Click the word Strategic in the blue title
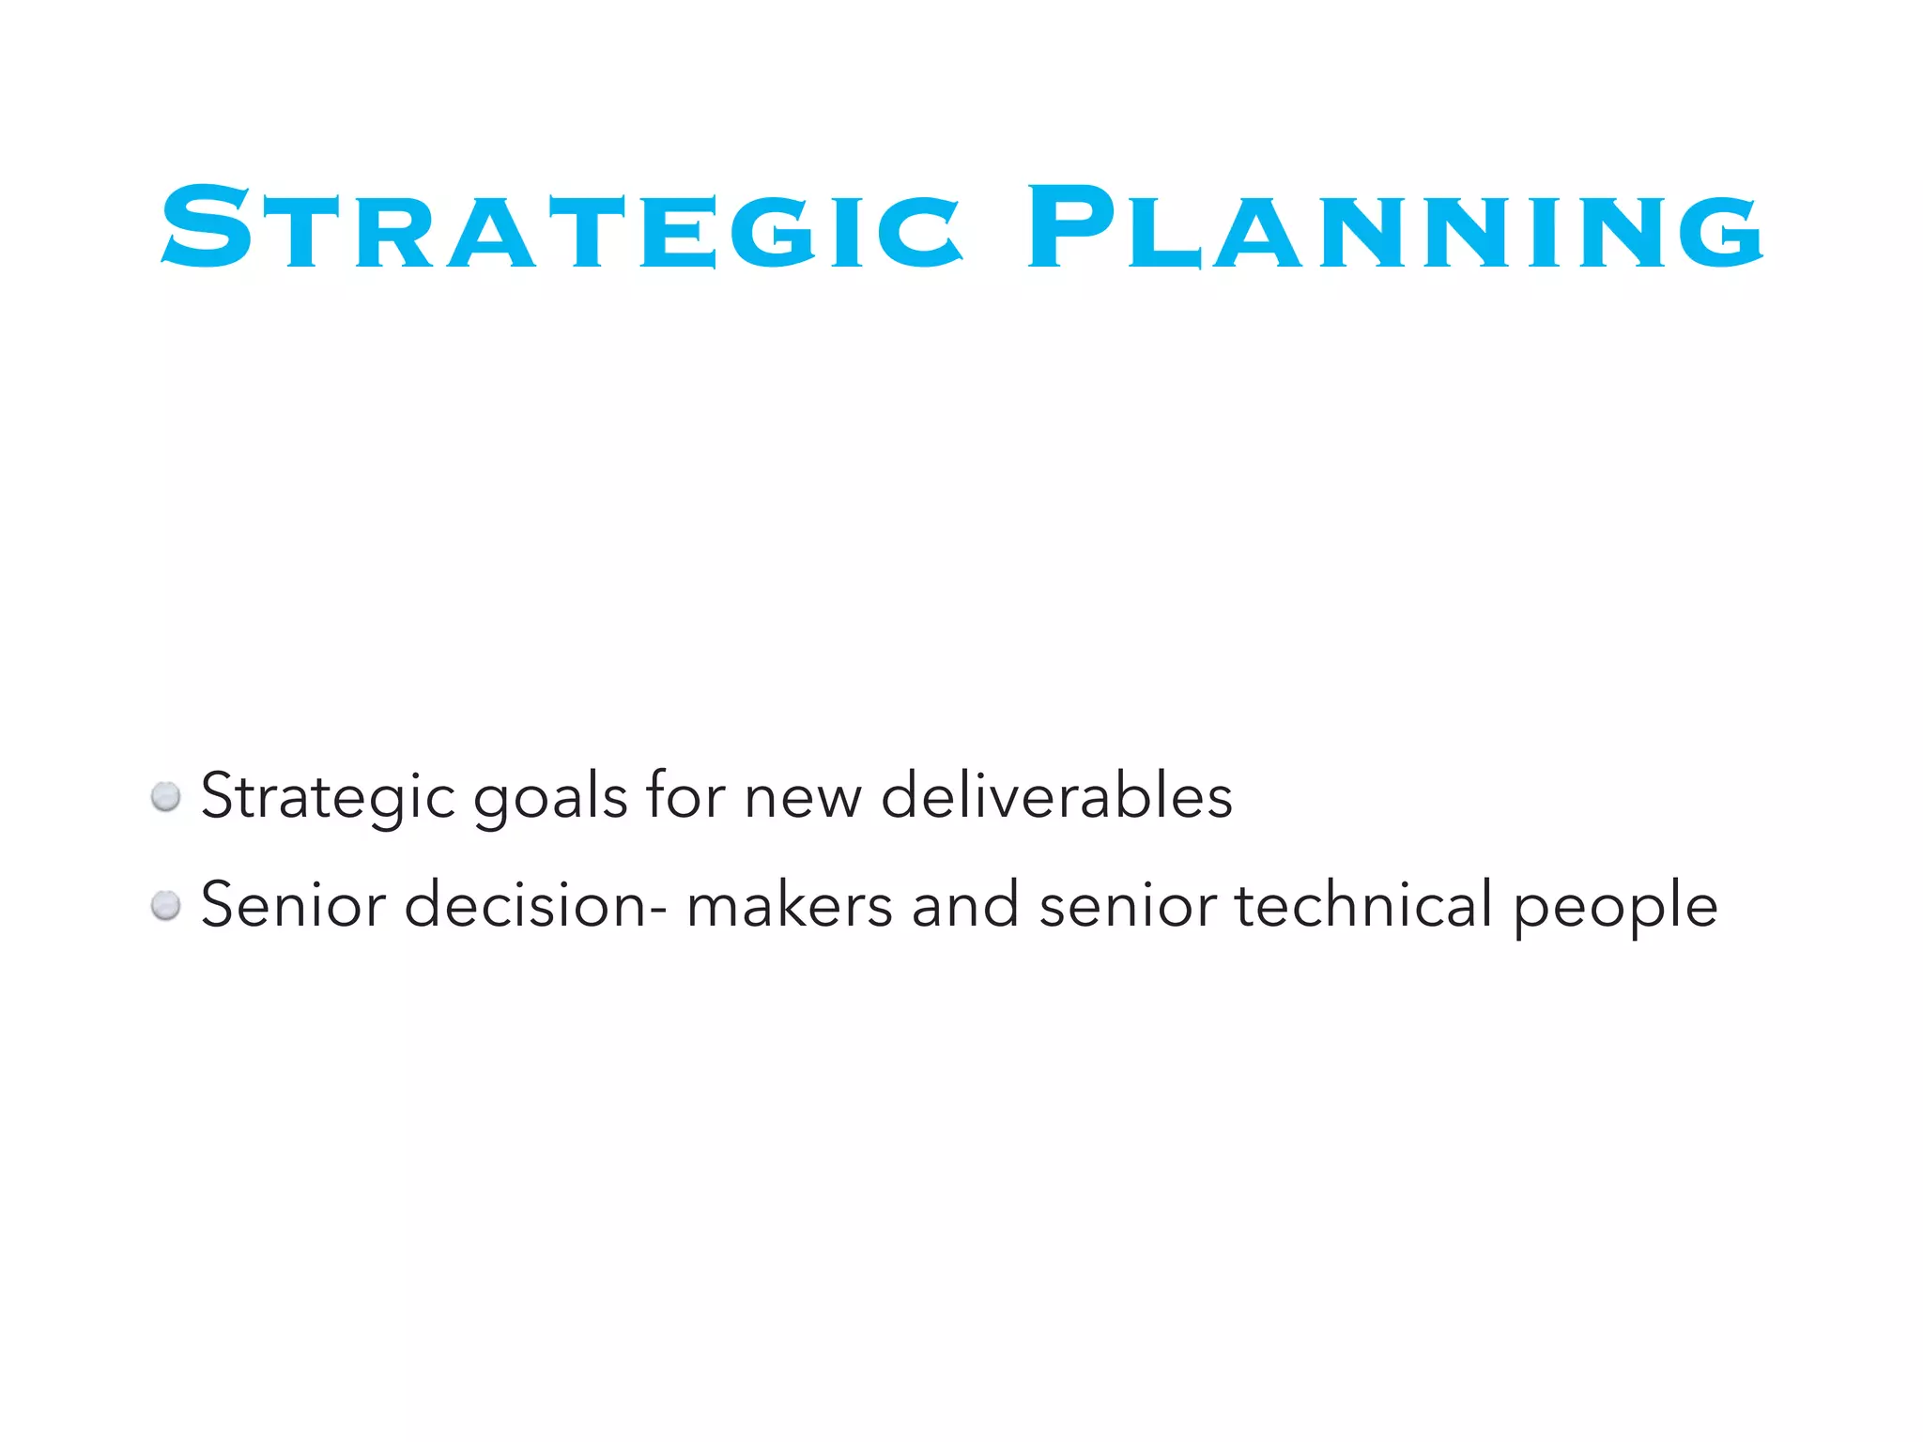(x=562, y=228)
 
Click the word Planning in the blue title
(x=1395, y=228)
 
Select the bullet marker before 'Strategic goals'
(x=166, y=797)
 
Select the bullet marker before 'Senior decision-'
(x=166, y=906)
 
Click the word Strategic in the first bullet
(x=328, y=797)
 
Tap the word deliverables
(x=1056, y=795)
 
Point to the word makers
(x=790, y=904)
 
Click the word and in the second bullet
(x=965, y=904)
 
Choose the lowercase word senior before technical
(x=1128, y=904)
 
